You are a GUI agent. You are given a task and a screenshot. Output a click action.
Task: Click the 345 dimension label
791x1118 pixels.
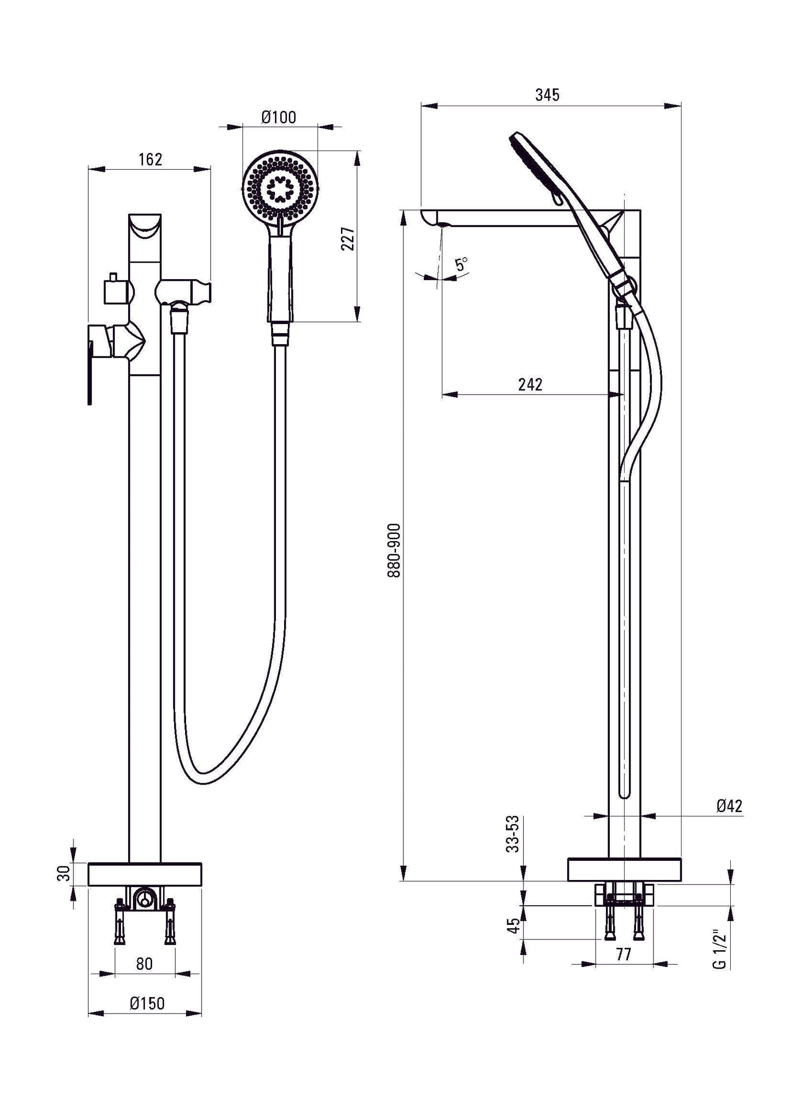coord(547,95)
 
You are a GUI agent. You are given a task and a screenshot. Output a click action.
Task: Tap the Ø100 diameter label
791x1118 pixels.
coord(279,118)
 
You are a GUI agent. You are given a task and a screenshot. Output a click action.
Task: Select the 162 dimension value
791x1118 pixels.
coord(151,159)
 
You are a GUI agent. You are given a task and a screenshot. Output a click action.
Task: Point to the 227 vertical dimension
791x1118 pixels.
coord(348,239)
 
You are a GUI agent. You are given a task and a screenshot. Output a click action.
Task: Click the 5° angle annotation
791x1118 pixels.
coord(462,265)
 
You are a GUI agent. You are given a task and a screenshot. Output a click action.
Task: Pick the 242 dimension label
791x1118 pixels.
coord(530,385)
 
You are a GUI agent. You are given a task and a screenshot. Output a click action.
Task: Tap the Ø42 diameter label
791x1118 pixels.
coord(729,806)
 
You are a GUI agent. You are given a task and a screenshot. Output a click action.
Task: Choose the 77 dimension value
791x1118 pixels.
coord(623,954)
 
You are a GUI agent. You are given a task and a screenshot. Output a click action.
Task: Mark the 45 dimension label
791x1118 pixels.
coord(513,925)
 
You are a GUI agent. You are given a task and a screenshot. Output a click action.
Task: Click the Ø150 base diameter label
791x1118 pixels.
coord(147,1003)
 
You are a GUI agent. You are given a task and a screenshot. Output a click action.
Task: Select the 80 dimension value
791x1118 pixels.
coord(144,964)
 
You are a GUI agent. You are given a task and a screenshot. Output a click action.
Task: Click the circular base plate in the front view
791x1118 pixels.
coord(145,874)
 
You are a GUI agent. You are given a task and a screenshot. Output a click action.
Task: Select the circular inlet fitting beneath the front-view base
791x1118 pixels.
coord(145,898)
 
